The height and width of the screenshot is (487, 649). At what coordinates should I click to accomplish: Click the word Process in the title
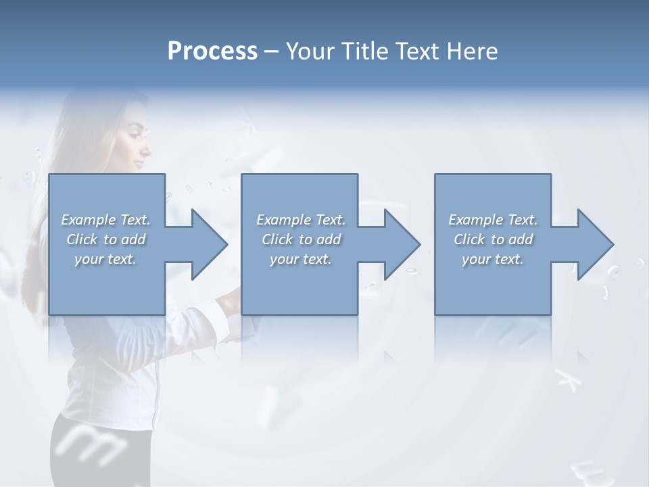click(x=212, y=51)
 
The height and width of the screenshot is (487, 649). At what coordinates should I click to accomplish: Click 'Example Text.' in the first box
click(x=105, y=220)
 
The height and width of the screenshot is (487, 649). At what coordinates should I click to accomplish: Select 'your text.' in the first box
click(x=105, y=259)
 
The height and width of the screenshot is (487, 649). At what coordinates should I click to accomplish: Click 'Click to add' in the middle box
click(x=301, y=239)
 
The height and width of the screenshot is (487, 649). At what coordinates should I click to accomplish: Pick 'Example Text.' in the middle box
click(x=301, y=220)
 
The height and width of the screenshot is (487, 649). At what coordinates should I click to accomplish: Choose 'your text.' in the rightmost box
click(x=493, y=259)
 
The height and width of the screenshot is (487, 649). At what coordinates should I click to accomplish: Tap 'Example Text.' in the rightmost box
click(x=493, y=220)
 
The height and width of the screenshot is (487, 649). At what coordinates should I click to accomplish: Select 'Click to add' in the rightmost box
click(x=493, y=239)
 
